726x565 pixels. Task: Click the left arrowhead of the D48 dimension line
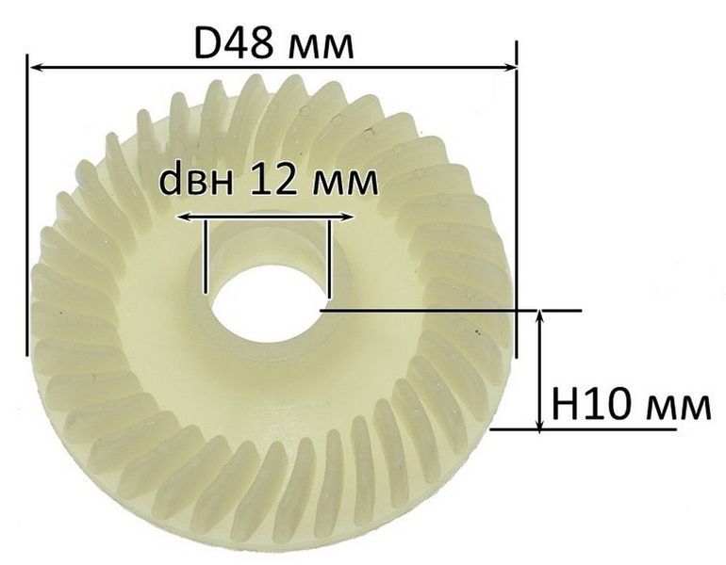click(x=36, y=69)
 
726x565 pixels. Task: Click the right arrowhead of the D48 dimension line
click(x=510, y=69)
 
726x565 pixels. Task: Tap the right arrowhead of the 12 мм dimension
click(x=348, y=217)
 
